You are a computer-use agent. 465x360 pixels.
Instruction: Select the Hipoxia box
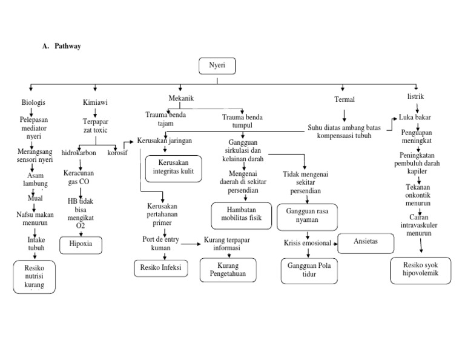[81, 244]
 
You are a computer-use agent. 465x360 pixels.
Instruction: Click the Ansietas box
[365, 241]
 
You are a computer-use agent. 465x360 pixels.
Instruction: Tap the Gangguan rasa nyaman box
[306, 217]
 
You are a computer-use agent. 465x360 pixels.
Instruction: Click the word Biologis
[33, 102]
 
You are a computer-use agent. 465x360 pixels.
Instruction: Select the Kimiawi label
[95, 102]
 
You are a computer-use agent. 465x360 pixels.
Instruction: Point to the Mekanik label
[181, 98]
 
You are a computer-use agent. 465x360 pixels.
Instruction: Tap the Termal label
[345, 99]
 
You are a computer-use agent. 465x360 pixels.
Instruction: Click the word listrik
[416, 97]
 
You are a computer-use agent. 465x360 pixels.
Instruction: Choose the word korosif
[117, 153]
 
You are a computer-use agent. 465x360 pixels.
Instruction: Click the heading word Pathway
[67, 46]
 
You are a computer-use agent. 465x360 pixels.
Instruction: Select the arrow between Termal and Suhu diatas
[345, 115]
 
